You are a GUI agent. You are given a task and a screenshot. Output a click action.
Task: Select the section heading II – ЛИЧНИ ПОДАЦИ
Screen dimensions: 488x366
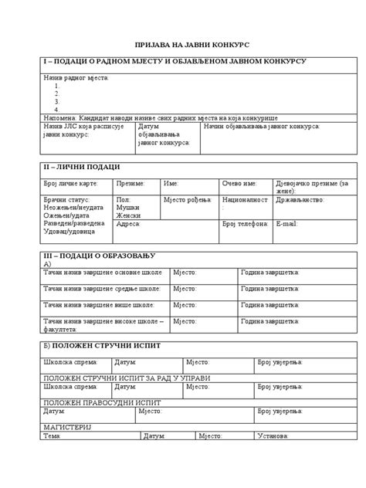point(82,167)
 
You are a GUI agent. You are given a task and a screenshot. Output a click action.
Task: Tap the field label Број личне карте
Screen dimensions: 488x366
point(70,184)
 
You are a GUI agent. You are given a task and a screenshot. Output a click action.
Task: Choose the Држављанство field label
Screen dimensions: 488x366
point(300,199)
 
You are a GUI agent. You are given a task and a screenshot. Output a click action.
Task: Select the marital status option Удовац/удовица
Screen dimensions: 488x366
point(70,231)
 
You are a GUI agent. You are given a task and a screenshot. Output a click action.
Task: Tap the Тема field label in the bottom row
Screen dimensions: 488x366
point(53,436)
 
